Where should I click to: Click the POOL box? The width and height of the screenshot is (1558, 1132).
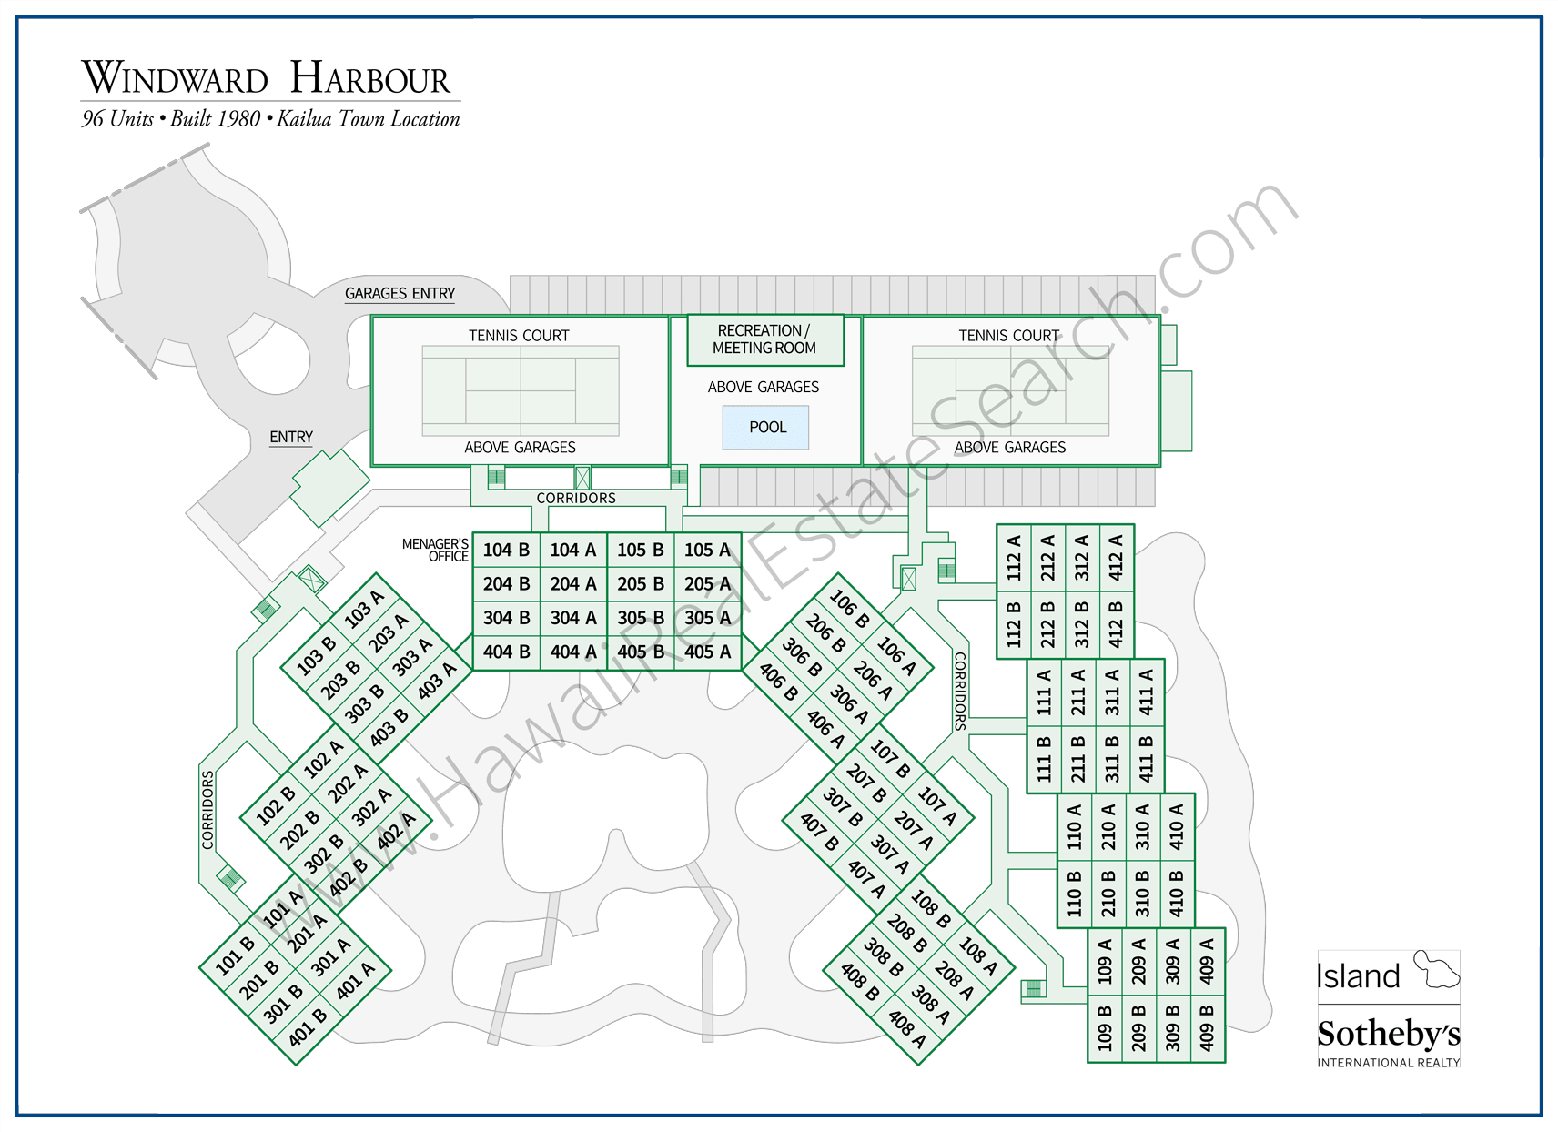(x=766, y=428)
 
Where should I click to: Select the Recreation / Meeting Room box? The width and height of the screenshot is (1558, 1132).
(x=764, y=339)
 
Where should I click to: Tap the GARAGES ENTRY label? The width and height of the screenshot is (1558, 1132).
(x=400, y=294)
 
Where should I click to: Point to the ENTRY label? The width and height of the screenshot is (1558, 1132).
(x=291, y=438)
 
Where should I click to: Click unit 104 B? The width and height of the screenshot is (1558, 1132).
(x=506, y=550)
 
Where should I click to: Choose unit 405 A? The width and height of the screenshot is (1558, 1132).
(x=708, y=652)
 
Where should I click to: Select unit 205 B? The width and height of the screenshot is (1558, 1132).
(x=641, y=584)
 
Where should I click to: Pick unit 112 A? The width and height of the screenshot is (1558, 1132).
(x=1014, y=557)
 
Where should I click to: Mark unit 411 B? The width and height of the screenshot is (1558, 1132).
(x=1147, y=759)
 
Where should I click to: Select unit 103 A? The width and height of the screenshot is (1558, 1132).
(x=364, y=609)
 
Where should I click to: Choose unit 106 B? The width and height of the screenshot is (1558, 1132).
(x=849, y=609)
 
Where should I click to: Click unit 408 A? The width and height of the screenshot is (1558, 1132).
(x=907, y=1029)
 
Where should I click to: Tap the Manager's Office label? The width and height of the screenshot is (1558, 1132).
(x=436, y=550)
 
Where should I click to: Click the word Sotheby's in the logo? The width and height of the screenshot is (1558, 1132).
(x=1388, y=1034)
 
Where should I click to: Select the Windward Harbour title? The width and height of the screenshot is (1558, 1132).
(x=266, y=78)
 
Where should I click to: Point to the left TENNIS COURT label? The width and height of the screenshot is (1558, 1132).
(x=519, y=336)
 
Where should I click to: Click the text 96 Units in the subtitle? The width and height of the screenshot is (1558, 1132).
(x=117, y=119)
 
